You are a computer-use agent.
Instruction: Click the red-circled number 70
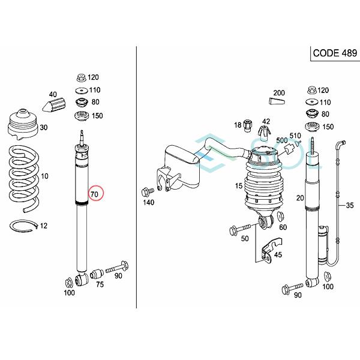pos(95,194)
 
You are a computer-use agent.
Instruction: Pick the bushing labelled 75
pos(94,278)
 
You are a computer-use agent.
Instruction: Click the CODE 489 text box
pos(332,53)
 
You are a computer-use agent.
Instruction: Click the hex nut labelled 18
pos(246,125)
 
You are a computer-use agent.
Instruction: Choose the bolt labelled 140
pos(146,193)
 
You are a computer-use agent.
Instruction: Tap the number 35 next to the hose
pos(349,206)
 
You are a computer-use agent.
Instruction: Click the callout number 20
pos(300,199)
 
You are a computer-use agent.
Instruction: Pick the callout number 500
pos(281,140)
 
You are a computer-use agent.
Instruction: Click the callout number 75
pos(100,285)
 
